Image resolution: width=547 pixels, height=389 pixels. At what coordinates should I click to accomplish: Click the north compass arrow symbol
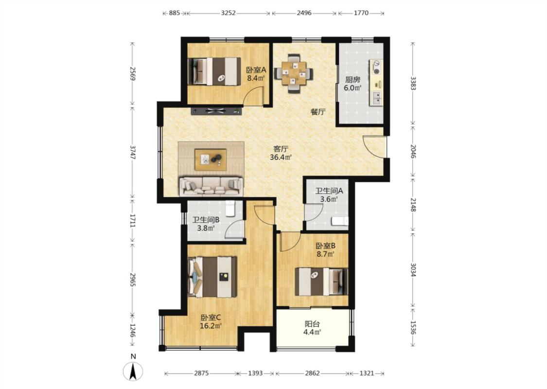[133, 371]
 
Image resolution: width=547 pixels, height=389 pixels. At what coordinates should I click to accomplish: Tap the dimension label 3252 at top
[228, 13]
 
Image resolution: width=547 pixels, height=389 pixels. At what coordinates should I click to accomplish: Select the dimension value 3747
[133, 153]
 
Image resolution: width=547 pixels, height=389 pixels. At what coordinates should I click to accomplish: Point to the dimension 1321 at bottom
[367, 373]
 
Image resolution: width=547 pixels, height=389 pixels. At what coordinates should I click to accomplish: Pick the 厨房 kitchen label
[353, 80]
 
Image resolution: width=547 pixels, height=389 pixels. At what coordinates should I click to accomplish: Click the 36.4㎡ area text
[281, 158]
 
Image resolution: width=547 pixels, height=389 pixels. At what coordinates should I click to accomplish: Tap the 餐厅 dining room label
[318, 112]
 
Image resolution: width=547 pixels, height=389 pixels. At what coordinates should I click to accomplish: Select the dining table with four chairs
[293, 73]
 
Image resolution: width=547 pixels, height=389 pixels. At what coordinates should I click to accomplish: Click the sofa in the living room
[211, 186]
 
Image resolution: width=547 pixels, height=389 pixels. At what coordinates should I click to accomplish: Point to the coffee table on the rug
[211, 160]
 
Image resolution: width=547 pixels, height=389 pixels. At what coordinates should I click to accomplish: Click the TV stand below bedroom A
[216, 111]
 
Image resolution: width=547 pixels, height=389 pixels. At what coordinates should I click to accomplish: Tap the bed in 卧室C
[212, 277]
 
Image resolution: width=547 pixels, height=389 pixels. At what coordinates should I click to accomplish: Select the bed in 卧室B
[321, 282]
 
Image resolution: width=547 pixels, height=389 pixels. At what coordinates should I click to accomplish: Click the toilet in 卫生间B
[230, 208]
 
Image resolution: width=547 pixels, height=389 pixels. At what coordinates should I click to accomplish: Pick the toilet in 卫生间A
[339, 221]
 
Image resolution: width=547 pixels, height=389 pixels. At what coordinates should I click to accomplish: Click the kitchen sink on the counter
[377, 98]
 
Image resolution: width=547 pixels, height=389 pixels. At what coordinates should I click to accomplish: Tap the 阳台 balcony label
[312, 324]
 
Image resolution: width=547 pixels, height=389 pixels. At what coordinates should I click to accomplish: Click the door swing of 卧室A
[253, 96]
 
